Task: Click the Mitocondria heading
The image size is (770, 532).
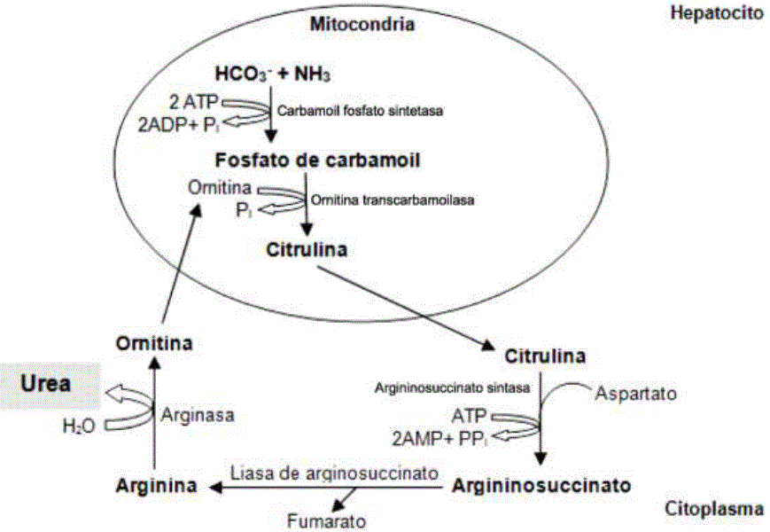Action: pos(362,24)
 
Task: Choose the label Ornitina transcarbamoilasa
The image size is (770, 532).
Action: pos(392,200)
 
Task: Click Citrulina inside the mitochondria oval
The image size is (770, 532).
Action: pos(307,249)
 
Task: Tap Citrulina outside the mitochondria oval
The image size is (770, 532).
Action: pos(545,356)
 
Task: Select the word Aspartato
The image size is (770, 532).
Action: pos(630,392)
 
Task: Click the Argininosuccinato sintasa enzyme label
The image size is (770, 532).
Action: pos(452,387)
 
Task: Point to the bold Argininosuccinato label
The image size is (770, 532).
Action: pos(541,486)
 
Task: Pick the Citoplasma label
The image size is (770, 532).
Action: pos(717,509)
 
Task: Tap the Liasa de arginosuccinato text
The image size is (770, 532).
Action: pos(334,474)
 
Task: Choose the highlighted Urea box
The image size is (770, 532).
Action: pos(48,385)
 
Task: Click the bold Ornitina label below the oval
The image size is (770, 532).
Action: pos(154,342)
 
